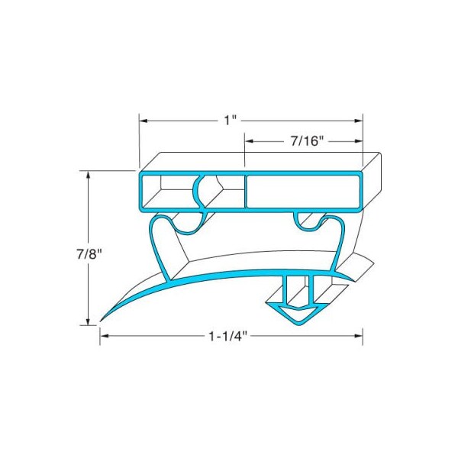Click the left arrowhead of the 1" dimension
pyautogui.click(x=143, y=121)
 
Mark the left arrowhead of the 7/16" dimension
pyautogui.click(x=249, y=141)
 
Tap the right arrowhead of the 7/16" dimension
pyautogui.click(x=358, y=141)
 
